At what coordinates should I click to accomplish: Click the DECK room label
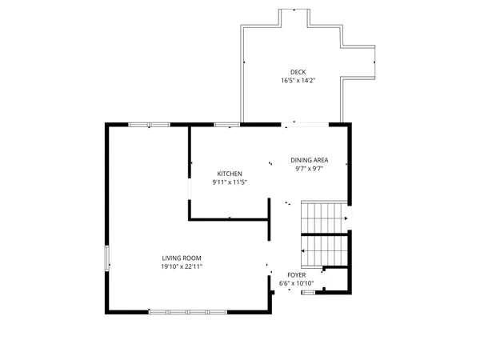pyautogui.click(x=298, y=72)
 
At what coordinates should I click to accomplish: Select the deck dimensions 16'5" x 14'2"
pyautogui.click(x=298, y=81)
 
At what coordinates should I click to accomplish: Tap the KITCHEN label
pyautogui.click(x=230, y=174)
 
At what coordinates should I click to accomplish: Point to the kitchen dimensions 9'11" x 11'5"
pyautogui.click(x=230, y=182)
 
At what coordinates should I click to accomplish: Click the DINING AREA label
pyautogui.click(x=309, y=159)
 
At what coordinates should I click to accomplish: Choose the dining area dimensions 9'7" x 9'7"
pyautogui.click(x=309, y=168)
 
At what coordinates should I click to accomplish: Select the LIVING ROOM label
pyautogui.click(x=182, y=258)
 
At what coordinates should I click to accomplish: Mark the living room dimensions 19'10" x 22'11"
pyautogui.click(x=182, y=266)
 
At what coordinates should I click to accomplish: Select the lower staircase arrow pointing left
pyautogui.click(x=304, y=250)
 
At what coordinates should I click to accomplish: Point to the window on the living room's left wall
pyautogui.click(x=107, y=259)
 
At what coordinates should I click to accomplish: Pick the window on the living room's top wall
pyautogui.click(x=149, y=124)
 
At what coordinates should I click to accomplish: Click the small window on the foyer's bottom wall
pyautogui.click(x=308, y=293)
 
